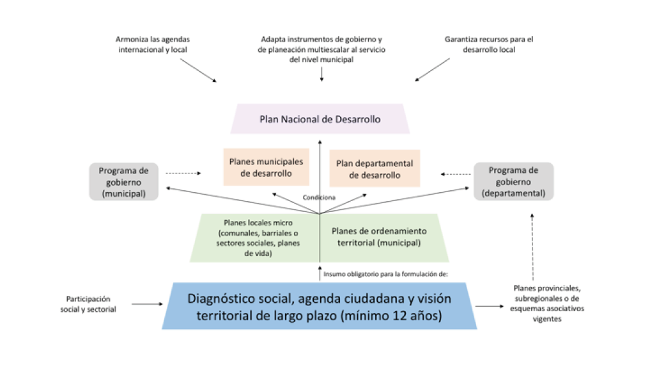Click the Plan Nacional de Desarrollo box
click(x=320, y=119)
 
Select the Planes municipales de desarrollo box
click(x=266, y=167)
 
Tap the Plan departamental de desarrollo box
click(x=375, y=168)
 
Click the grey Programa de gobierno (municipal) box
click(x=123, y=182)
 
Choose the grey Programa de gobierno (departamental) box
click(x=513, y=182)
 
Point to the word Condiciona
click(x=319, y=197)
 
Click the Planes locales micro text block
click(x=253, y=238)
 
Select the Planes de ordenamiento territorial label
click(x=378, y=236)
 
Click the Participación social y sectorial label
click(x=91, y=304)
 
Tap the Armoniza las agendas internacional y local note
click(x=153, y=44)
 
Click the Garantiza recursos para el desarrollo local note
click(x=488, y=44)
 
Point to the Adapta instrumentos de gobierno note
click(x=321, y=49)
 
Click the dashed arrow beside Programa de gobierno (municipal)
click(x=183, y=173)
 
